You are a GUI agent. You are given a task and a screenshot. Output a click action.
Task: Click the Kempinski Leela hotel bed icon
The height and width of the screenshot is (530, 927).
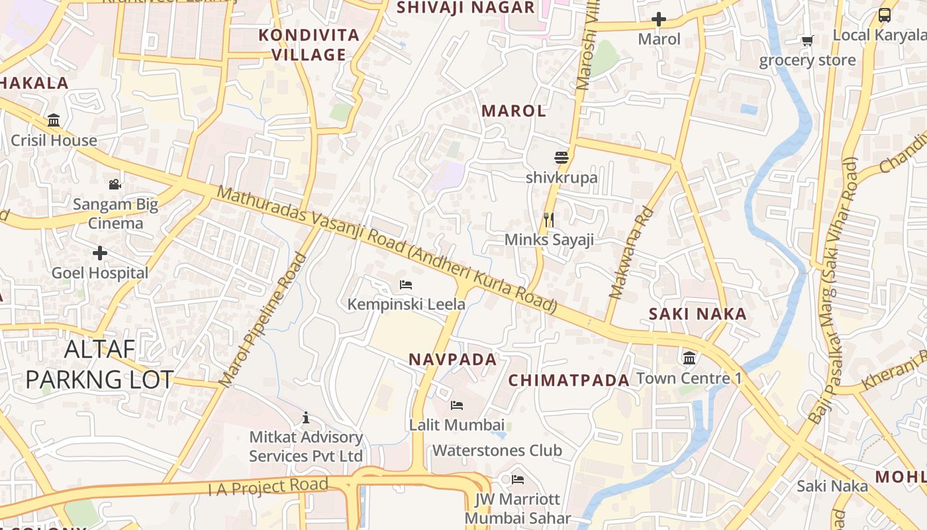coord(406,285)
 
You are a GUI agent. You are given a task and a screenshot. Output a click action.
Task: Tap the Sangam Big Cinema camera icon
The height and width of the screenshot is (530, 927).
coord(115,184)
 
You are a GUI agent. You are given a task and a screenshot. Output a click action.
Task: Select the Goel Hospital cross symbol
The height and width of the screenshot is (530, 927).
coord(100,253)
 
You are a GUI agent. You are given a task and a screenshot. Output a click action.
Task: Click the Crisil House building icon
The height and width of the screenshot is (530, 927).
coord(54,121)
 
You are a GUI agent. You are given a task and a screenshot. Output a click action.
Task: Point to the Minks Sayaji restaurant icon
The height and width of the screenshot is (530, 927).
coord(548,219)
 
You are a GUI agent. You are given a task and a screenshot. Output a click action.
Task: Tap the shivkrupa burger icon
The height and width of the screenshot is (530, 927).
coord(561,158)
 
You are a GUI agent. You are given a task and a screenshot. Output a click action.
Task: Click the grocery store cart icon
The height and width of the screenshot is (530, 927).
coord(807,41)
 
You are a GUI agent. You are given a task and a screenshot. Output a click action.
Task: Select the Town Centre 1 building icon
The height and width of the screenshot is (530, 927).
coord(689,358)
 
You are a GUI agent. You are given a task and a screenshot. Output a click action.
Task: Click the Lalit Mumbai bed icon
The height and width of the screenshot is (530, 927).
coord(456,405)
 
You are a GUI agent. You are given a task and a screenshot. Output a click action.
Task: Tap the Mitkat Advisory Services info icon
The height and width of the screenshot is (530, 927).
coord(306,417)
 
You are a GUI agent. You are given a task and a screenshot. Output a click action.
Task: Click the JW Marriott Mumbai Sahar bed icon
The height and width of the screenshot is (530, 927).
coord(518,479)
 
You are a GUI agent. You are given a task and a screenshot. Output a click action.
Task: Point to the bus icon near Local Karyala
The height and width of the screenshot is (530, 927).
coord(884,15)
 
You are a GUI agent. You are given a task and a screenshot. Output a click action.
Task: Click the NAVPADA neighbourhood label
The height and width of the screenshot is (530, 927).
coord(452,360)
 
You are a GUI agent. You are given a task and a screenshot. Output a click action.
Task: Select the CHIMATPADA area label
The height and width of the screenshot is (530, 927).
coord(569,380)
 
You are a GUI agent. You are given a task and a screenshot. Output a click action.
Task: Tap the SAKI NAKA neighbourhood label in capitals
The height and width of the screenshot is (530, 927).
coord(697,314)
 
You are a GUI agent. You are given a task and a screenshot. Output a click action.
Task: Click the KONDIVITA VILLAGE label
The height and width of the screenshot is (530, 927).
coord(309,44)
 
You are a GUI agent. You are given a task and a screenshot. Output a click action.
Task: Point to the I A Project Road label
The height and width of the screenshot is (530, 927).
coord(268,487)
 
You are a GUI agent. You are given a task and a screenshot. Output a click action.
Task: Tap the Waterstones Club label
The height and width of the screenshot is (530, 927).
coord(497,450)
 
